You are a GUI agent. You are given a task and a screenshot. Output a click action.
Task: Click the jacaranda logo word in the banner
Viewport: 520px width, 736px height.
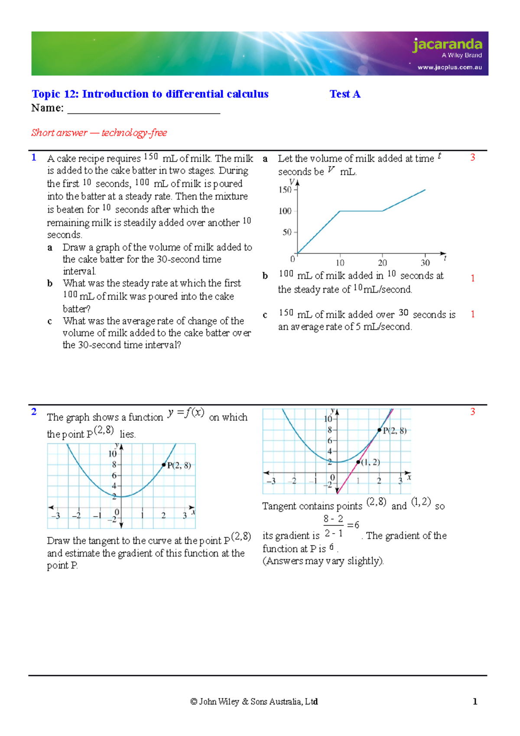pos(447,44)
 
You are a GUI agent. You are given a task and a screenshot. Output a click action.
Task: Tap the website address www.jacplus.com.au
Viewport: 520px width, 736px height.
pos(449,67)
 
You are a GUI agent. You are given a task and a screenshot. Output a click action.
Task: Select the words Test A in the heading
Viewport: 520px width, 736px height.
pos(345,94)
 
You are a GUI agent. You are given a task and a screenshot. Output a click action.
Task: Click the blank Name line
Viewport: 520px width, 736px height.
pos(143,109)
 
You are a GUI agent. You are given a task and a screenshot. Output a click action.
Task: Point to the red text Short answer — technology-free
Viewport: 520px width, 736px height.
pos(99,133)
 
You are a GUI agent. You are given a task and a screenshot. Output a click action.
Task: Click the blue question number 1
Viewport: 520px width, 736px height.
pos(34,157)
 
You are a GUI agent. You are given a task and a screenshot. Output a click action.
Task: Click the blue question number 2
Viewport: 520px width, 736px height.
pos(34,411)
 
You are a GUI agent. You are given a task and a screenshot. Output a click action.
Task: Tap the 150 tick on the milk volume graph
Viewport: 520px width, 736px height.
pos(285,190)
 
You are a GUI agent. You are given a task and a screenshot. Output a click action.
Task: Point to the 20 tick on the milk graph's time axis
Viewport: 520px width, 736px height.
pos(382,263)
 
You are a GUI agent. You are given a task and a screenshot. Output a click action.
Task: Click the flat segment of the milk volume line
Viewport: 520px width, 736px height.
pos(361,211)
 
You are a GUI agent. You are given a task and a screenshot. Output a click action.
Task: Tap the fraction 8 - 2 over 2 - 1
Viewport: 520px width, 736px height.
pos(334,525)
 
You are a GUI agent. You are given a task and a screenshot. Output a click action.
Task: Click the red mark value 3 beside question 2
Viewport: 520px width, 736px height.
pos(472,411)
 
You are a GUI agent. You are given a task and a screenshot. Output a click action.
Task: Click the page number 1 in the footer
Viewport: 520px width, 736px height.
pos(475,701)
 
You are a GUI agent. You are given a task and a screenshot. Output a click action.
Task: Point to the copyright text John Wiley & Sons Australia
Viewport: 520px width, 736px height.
pos(254,701)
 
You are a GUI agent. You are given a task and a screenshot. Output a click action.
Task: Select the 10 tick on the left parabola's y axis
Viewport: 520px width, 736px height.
pos(112,454)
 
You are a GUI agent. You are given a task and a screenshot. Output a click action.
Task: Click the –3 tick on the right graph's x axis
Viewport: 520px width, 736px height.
pos(271,481)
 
